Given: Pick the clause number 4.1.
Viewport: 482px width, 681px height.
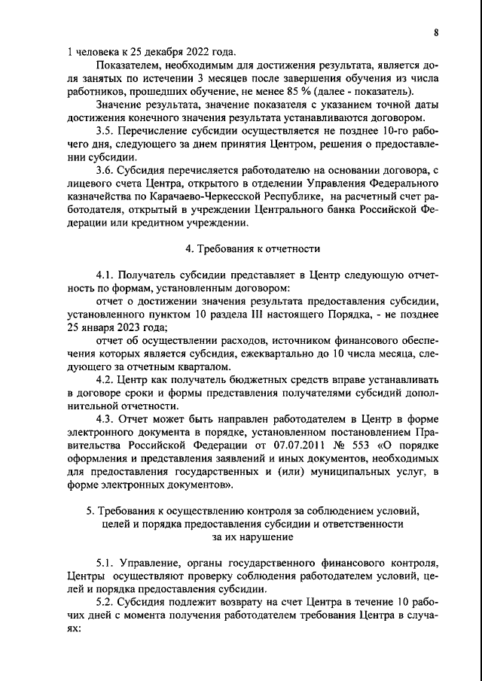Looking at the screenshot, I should point(105,275).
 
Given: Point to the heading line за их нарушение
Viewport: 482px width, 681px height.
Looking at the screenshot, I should point(253,537).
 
